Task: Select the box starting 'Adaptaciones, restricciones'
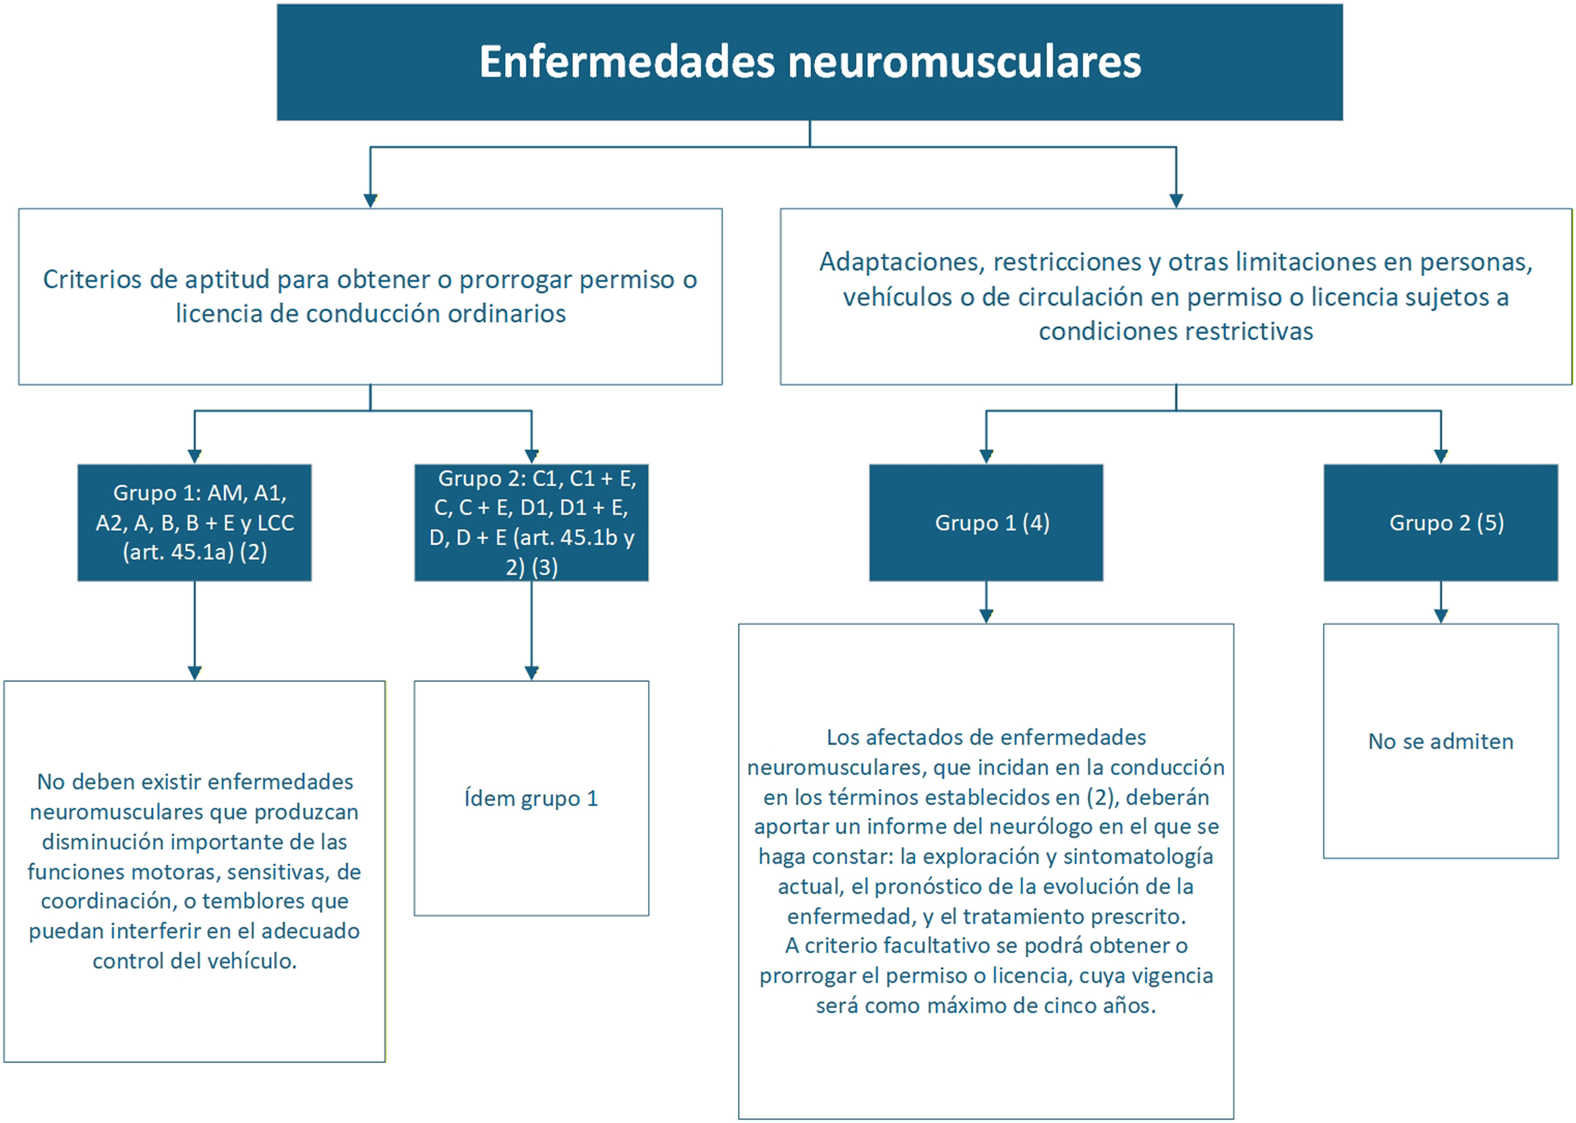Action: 1176,297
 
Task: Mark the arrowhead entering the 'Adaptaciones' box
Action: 1176,201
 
